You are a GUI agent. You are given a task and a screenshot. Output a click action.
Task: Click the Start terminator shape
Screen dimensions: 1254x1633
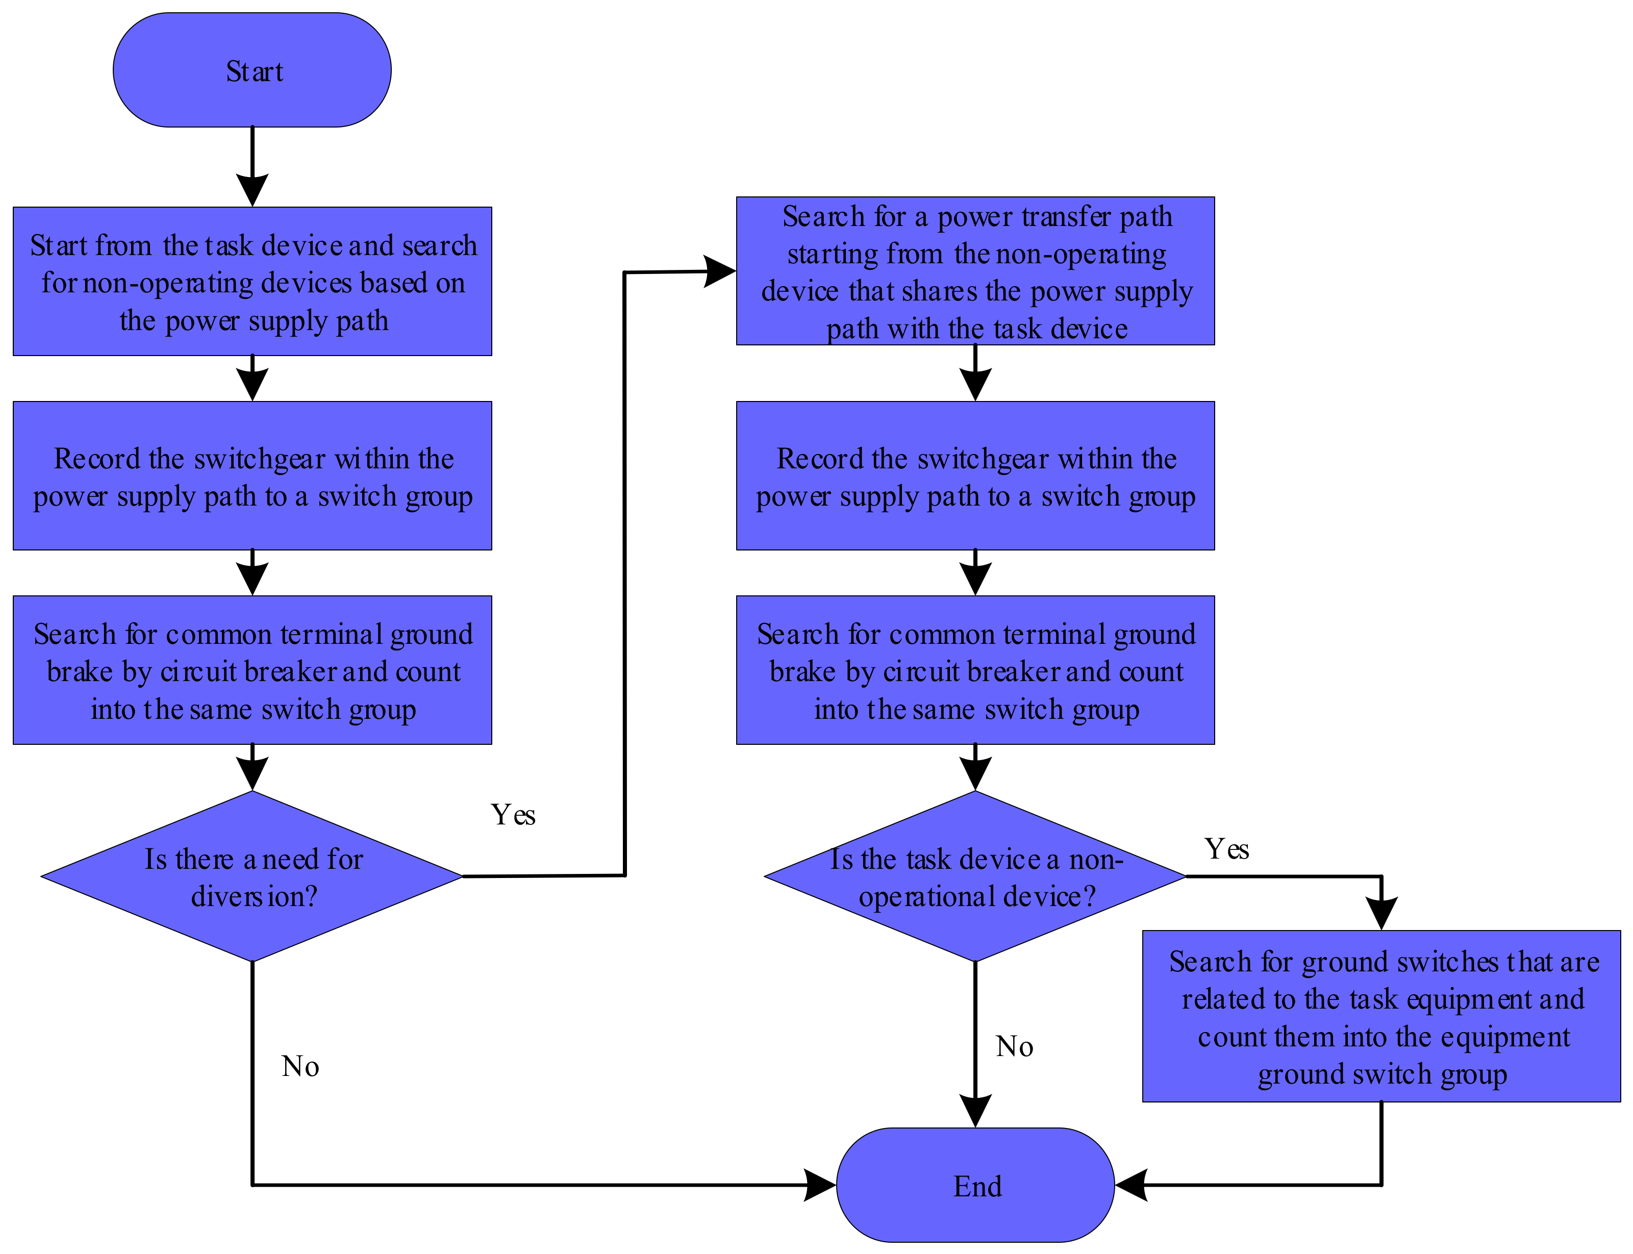(x=252, y=70)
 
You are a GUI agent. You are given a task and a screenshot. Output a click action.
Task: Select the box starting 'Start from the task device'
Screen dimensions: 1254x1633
(x=252, y=282)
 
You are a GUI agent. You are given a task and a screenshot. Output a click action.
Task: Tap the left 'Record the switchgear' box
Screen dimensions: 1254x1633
(x=252, y=476)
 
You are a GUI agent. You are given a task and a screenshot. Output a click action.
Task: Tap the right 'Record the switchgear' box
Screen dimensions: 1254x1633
(x=975, y=476)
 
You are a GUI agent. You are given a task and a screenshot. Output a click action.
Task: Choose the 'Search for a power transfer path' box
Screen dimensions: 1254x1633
(x=975, y=271)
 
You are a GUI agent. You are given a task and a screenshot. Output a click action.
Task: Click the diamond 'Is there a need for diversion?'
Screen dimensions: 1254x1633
(x=252, y=876)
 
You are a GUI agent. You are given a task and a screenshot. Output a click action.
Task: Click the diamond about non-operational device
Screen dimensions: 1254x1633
(x=975, y=876)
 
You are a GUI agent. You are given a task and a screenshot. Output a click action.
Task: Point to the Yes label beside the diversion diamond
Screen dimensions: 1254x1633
(x=513, y=814)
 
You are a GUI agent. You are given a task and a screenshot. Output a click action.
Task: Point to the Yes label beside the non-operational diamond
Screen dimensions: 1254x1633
(x=1226, y=849)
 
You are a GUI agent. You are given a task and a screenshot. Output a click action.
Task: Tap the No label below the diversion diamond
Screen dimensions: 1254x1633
(x=300, y=1066)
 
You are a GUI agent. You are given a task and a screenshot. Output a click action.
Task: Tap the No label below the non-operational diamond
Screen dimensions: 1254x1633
(x=1014, y=1046)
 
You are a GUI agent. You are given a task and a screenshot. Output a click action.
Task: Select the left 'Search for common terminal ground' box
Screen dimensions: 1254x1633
(x=252, y=670)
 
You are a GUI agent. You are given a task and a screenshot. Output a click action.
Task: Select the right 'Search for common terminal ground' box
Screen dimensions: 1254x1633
(x=975, y=670)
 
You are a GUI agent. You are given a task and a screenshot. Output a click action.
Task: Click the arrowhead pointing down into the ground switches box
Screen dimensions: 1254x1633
(x=1381, y=913)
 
